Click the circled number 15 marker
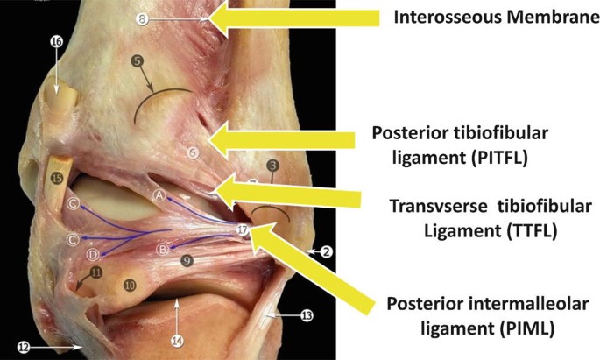point(57,179)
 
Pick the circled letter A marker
point(159,194)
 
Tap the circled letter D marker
point(94,254)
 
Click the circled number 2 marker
point(324,252)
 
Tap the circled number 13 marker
point(306,314)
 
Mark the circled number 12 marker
point(24,347)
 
